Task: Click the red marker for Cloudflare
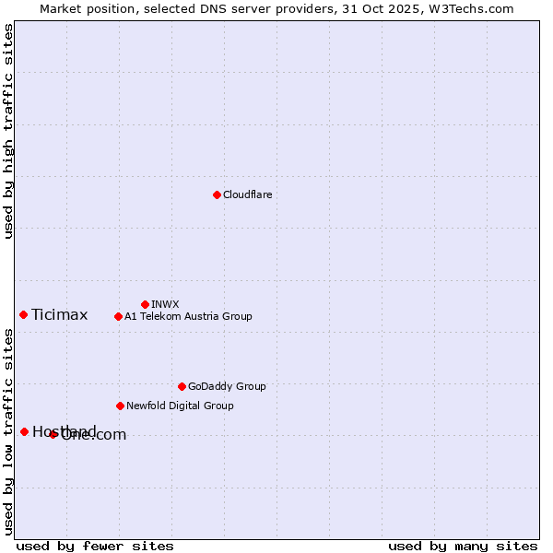[x=217, y=194]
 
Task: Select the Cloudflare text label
[x=247, y=194]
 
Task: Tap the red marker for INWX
[x=145, y=304]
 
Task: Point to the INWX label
[x=165, y=304]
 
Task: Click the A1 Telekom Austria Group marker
[x=118, y=316]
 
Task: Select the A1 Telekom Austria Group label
[x=188, y=316]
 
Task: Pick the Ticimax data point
[x=23, y=314]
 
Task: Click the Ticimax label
[x=59, y=315]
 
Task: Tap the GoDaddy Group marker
[x=182, y=386]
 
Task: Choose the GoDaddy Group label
[x=227, y=386]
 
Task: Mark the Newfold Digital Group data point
[x=120, y=406]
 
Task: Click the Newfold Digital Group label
[x=180, y=406]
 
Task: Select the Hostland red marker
[x=24, y=431]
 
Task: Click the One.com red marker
[x=53, y=434]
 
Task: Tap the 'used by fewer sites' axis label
[x=95, y=546]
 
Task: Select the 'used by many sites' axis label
[x=463, y=546]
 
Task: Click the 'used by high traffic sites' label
[x=8, y=131]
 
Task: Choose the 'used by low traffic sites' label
[x=8, y=431]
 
